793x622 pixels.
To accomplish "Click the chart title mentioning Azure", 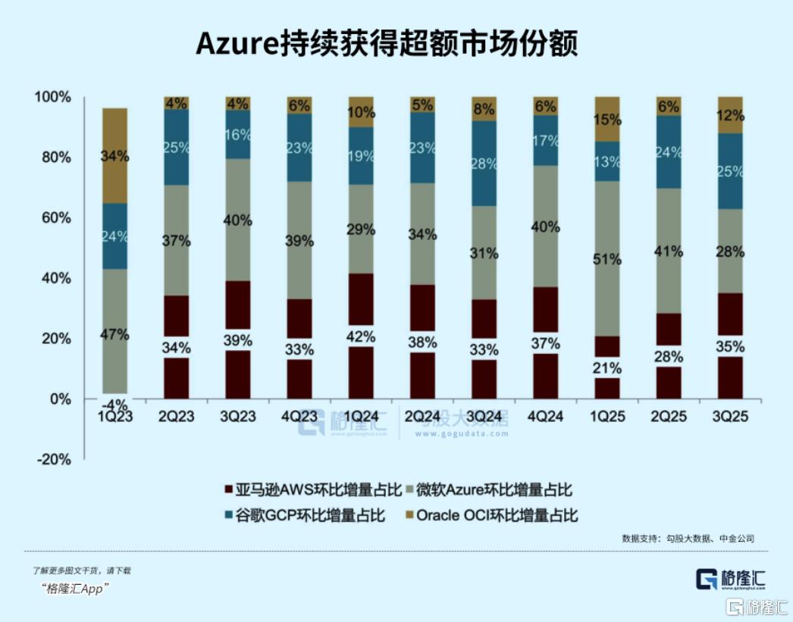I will point(387,43).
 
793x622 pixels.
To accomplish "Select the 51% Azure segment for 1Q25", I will point(608,258).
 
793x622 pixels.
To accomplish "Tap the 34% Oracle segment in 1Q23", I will point(114,156).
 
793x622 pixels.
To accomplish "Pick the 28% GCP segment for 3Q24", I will point(484,164).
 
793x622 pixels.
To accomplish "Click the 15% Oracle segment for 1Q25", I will point(608,119).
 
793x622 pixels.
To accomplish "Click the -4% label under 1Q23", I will point(114,405).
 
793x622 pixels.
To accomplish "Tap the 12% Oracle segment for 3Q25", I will point(731,115).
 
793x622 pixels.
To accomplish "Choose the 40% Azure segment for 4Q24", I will point(546,226).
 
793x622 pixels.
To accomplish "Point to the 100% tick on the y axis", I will point(52,98).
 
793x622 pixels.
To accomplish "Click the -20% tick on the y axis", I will point(52,459).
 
